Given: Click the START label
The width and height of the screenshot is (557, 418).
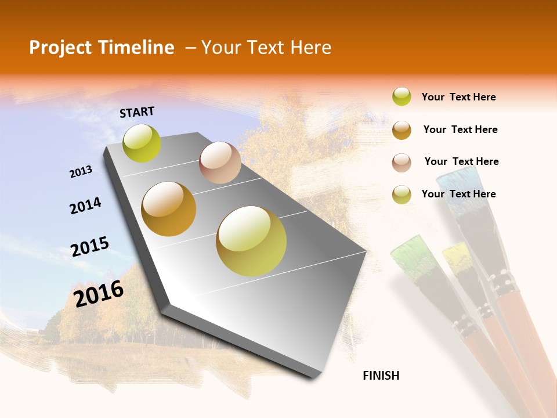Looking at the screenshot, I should tap(137, 112).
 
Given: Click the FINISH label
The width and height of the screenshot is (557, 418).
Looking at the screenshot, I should tap(381, 376).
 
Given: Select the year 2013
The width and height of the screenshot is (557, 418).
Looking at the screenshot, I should tap(81, 172).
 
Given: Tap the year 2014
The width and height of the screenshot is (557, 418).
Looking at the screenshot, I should tap(85, 206).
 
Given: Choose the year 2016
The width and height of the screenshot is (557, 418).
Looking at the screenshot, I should tap(99, 293).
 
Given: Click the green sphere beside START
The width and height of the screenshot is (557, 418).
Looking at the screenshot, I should tap(142, 143).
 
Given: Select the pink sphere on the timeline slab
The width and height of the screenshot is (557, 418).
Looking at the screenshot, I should tap(220, 163).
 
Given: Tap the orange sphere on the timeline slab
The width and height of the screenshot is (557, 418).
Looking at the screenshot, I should tap(169, 209).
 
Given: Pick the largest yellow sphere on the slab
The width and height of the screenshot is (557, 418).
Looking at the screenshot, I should tap(251, 241).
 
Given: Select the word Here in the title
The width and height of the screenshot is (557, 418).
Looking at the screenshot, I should tap(310, 48).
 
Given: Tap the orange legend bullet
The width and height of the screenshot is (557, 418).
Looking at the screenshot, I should tap(402, 129).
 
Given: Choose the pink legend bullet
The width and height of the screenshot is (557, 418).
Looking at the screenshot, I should tap(402, 162).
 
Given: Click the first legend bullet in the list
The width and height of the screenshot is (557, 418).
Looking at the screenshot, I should tap(402, 96).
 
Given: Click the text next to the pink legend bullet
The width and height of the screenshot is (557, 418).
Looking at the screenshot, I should tap(461, 161).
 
